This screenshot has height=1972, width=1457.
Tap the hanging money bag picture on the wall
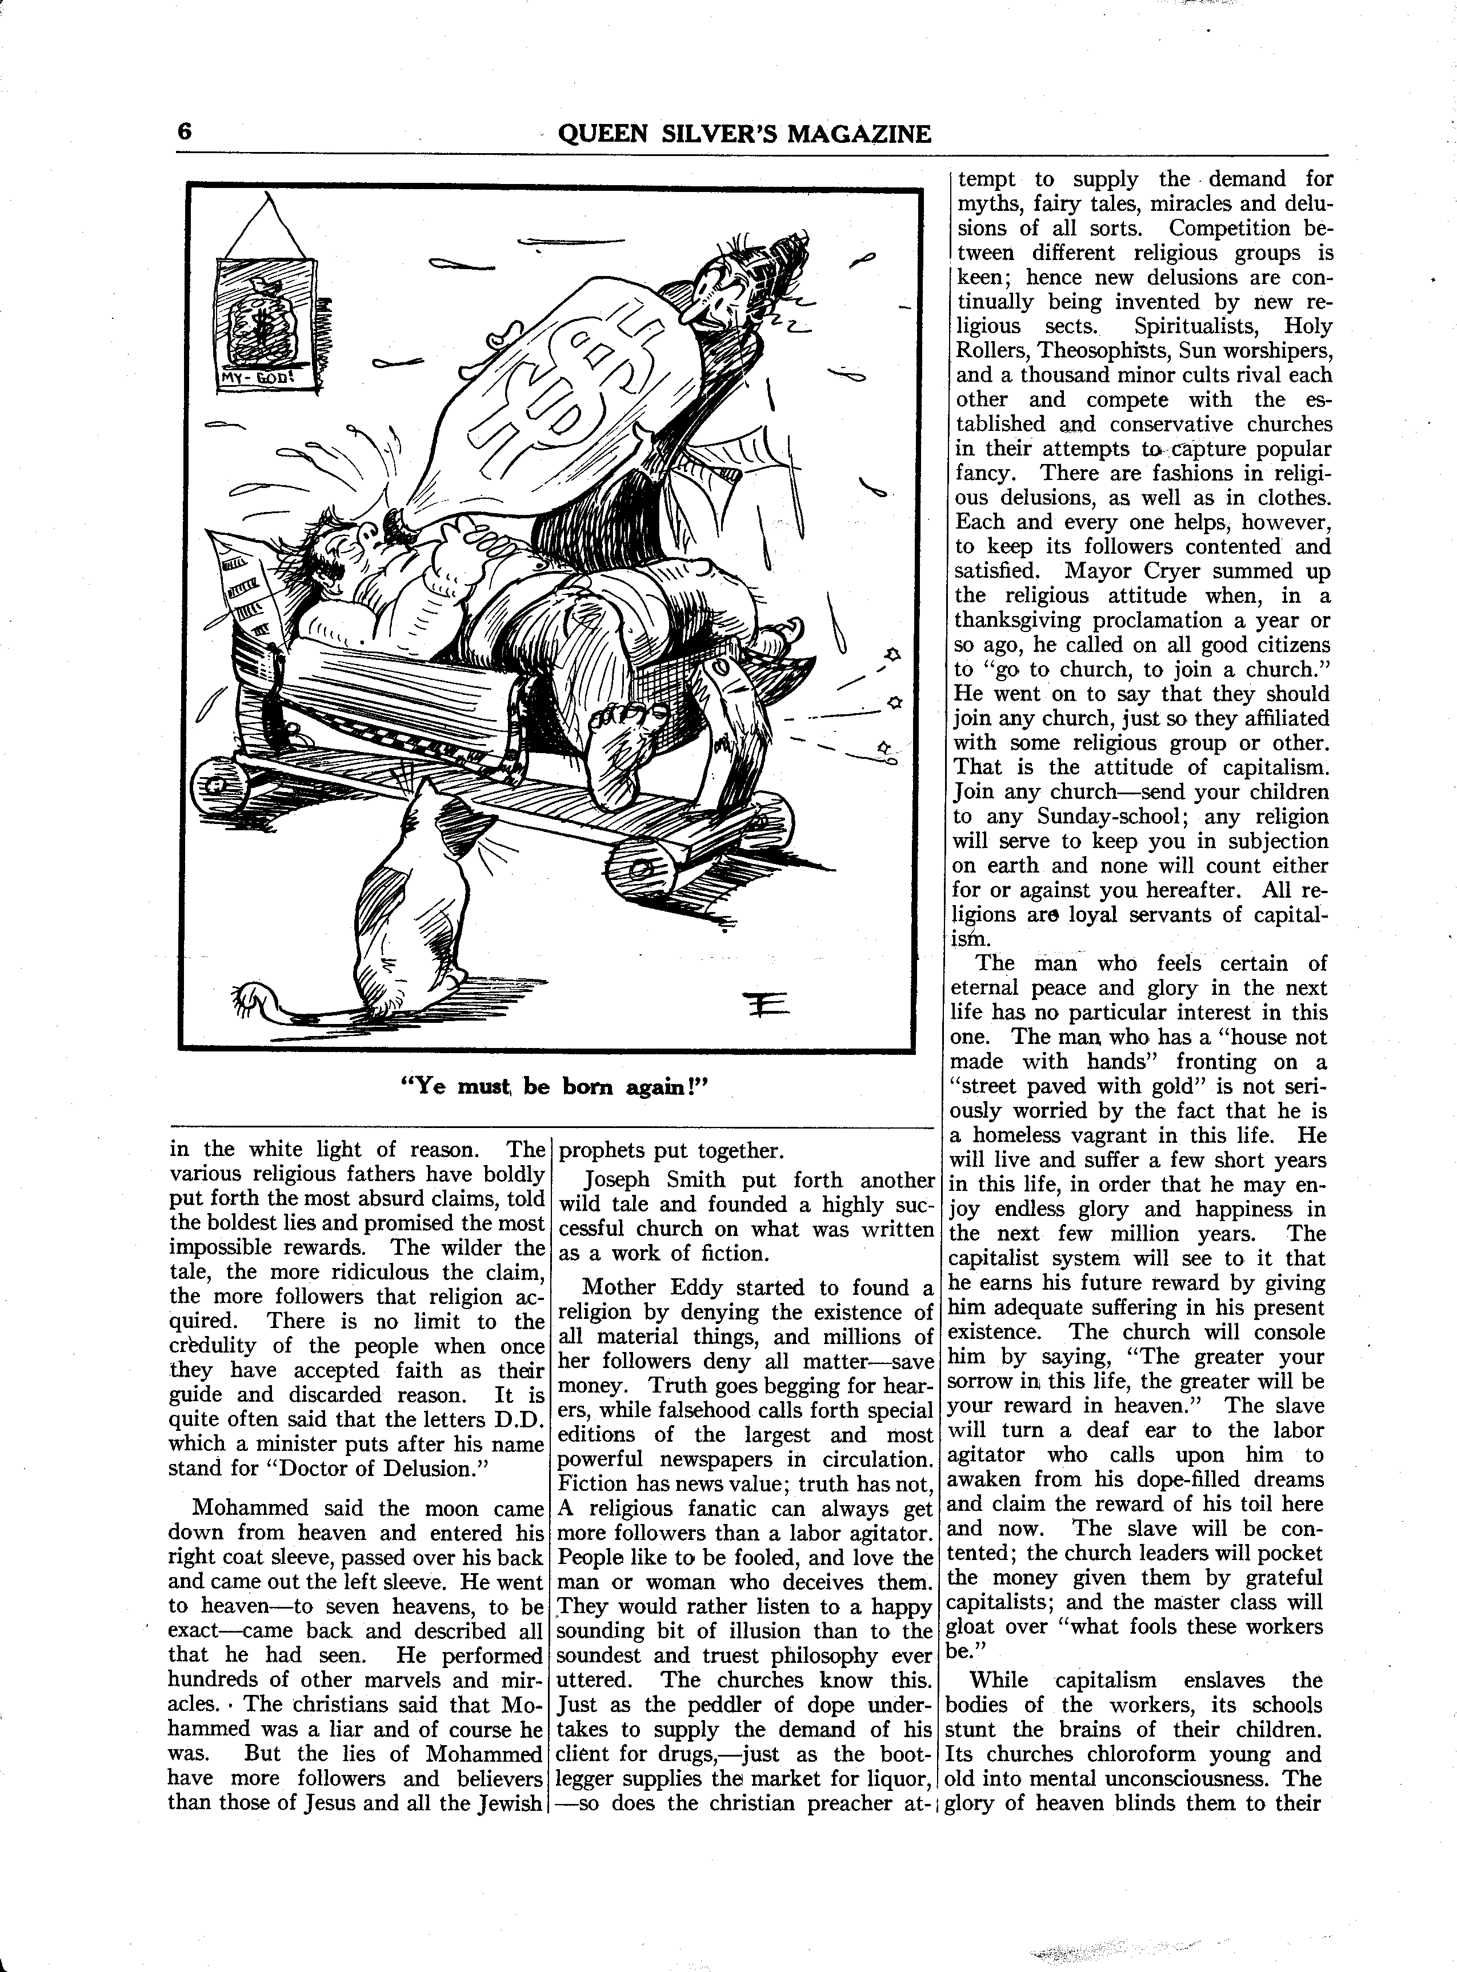click(x=265, y=318)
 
